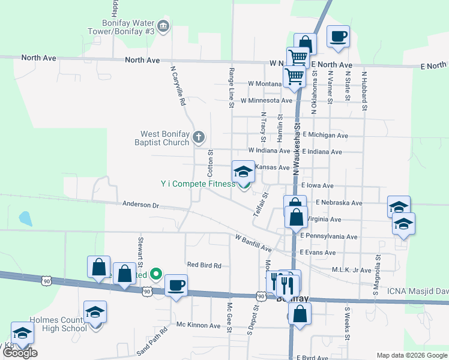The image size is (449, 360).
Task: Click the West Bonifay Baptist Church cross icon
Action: tap(199, 139)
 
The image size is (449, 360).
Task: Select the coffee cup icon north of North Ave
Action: tap(338, 36)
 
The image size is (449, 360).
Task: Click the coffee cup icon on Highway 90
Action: tap(176, 285)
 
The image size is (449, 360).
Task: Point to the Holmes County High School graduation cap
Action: tap(95, 311)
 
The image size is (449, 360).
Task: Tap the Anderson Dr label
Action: tap(141, 205)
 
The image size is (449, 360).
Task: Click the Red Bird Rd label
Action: tap(204, 265)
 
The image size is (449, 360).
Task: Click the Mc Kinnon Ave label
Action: tap(199, 325)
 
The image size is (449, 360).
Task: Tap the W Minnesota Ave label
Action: tap(266, 101)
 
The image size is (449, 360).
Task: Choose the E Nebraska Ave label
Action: tap(339, 203)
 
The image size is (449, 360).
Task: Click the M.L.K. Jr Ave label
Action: tap(352, 270)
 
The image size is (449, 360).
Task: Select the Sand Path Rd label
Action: tap(152, 341)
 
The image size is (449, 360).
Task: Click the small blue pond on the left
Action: tap(25, 218)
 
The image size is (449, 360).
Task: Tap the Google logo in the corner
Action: tap(20, 353)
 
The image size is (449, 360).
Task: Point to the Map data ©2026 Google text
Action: tap(411, 356)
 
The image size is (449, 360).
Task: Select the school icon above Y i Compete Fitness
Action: tap(243, 172)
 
